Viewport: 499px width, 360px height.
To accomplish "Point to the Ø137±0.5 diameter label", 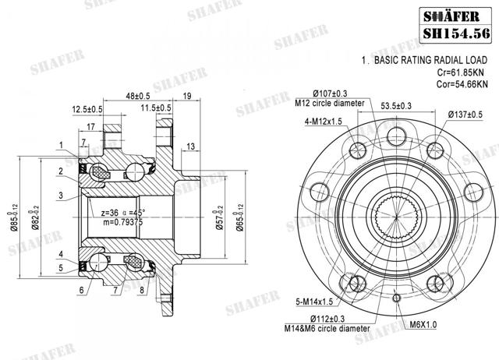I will tap(469, 114).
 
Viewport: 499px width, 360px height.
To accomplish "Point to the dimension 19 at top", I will tap(187, 96).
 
